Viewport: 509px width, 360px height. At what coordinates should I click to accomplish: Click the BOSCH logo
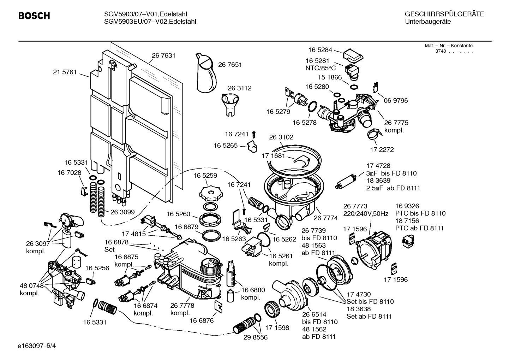click(x=34, y=16)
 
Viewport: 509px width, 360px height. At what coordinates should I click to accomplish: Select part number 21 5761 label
click(x=65, y=72)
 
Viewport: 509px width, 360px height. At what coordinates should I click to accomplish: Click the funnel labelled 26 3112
click(x=229, y=102)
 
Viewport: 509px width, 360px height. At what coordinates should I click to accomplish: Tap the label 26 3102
click(x=281, y=137)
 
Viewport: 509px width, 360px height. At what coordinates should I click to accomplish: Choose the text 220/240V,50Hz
click(x=366, y=214)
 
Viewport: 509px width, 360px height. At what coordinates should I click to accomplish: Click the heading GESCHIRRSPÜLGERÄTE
click(x=444, y=14)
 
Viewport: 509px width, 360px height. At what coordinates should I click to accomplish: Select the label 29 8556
click(x=255, y=337)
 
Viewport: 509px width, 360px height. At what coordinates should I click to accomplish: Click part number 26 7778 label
click(x=182, y=306)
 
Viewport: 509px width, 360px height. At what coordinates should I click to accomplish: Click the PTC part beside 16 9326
click(x=408, y=241)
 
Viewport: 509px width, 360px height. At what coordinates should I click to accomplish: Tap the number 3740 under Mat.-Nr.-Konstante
click(x=441, y=51)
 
